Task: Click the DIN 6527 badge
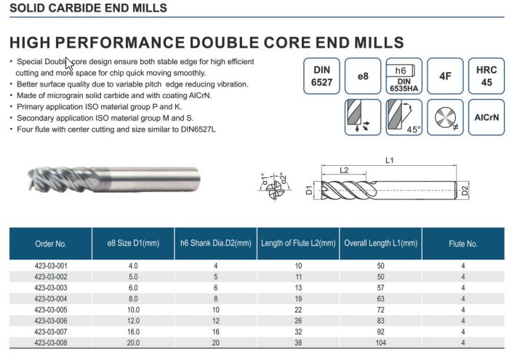[x=321, y=76]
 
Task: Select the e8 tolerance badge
[x=363, y=76]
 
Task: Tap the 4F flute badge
[x=445, y=76]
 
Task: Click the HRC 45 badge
[x=486, y=76]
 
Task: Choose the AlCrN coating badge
[x=486, y=117]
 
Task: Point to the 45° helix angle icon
[x=404, y=117]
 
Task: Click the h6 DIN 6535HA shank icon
[x=404, y=76]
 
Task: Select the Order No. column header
[x=51, y=244]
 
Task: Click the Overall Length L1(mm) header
[x=381, y=244]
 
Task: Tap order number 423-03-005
[x=51, y=310]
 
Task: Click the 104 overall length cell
[x=380, y=343]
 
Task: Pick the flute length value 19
[x=298, y=299]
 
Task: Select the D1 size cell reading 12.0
[x=133, y=321]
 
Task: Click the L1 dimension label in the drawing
[x=390, y=160]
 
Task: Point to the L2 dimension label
[x=344, y=170]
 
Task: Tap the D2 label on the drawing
[x=465, y=191]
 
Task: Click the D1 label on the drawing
[x=309, y=191]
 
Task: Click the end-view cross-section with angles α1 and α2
[x=275, y=187]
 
